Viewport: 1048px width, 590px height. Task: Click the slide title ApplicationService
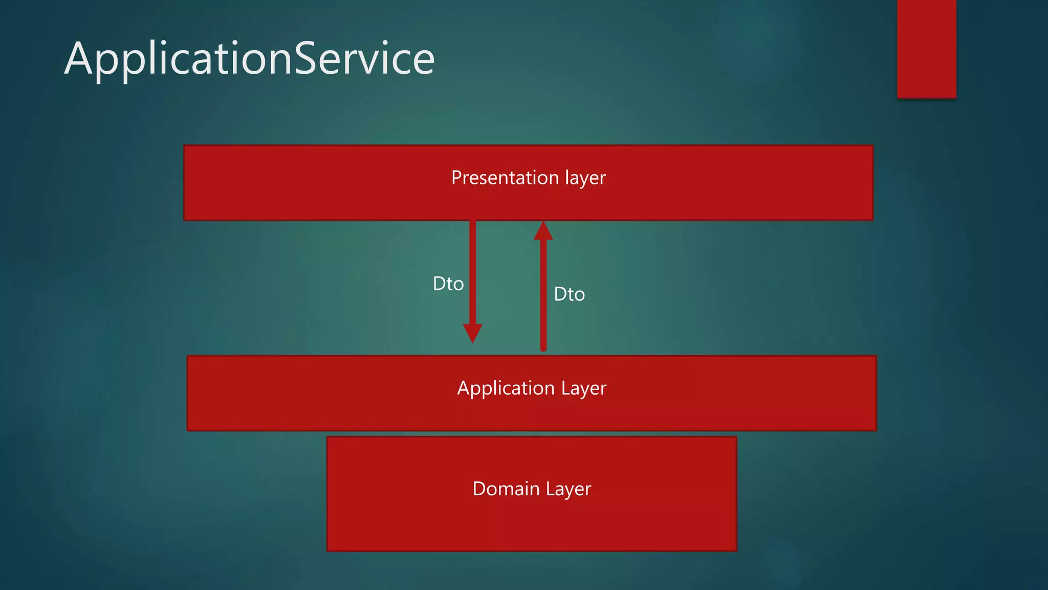click(x=249, y=59)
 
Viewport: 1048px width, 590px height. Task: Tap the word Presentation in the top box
click(x=505, y=178)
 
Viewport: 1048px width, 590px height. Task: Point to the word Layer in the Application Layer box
click(x=583, y=389)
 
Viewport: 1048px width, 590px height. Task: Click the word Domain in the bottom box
click(x=506, y=489)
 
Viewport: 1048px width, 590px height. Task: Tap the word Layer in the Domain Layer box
click(x=568, y=489)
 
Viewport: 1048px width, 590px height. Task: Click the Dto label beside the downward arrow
click(x=448, y=284)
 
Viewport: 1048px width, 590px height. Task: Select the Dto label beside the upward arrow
click(x=569, y=294)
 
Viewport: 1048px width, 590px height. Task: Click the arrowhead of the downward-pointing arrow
click(x=472, y=332)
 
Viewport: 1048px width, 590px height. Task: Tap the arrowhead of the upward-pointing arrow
click(x=543, y=231)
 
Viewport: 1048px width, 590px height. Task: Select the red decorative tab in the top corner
click(x=926, y=49)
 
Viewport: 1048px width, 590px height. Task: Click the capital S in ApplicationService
click(x=307, y=59)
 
